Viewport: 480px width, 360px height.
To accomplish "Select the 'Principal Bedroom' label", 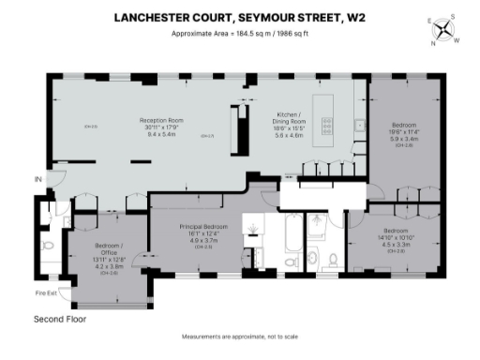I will [203, 227].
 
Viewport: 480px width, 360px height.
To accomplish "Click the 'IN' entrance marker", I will [38, 179].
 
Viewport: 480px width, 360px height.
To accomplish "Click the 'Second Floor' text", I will [60, 320].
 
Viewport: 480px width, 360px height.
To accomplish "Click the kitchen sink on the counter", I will [359, 125].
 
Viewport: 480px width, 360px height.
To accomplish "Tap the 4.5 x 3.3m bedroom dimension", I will [394, 244].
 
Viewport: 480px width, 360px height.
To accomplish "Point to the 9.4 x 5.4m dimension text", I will [159, 133].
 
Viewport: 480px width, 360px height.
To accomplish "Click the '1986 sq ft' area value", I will [297, 35].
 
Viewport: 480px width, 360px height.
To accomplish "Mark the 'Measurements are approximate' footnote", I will [239, 337].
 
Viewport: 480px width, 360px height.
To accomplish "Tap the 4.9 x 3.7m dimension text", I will [203, 240].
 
